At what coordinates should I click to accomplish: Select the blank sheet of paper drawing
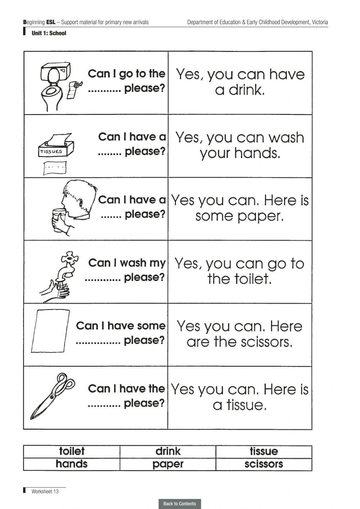[x=50, y=331]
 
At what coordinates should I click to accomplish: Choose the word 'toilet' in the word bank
[x=72, y=451]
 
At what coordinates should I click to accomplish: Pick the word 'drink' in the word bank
[x=168, y=451]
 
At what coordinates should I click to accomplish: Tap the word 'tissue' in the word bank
[x=264, y=451]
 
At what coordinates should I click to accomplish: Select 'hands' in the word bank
[x=72, y=464]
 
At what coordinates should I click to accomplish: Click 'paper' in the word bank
[x=168, y=464]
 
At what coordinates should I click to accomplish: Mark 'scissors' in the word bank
[x=264, y=464]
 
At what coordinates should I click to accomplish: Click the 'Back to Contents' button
[x=180, y=504]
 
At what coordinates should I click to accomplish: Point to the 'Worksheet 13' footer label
[x=45, y=491]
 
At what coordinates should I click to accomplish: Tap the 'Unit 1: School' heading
[x=49, y=33]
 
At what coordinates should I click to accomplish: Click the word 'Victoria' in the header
[x=320, y=22]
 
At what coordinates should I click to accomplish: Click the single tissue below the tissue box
[x=55, y=168]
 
